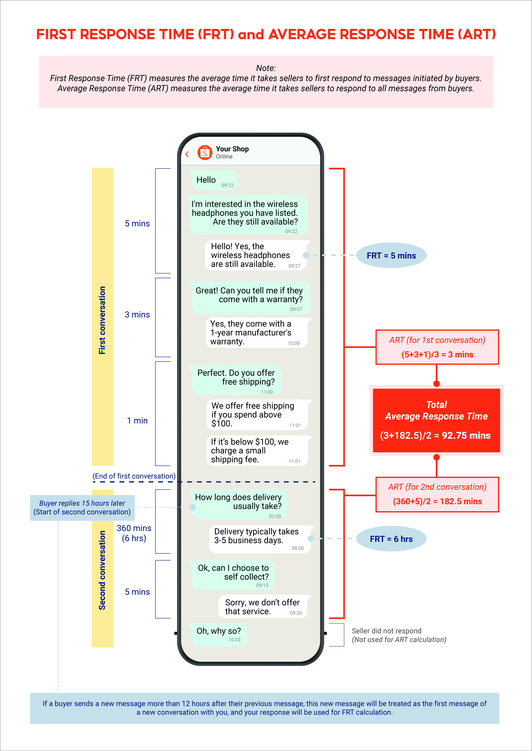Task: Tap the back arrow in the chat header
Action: pyautogui.click(x=187, y=154)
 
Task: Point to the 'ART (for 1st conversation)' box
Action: pyautogui.click(x=437, y=347)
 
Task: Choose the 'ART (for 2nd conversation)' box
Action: pyautogui.click(x=437, y=494)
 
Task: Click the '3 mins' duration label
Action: pyautogui.click(x=137, y=315)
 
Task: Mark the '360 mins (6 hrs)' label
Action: pyautogui.click(x=134, y=533)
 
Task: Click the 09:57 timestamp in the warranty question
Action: pyautogui.click(x=296, y=309)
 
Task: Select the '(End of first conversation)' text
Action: pyautogui.click(x=134, y=476)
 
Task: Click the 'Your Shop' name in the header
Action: pyautogui.click(x=232, y=149)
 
